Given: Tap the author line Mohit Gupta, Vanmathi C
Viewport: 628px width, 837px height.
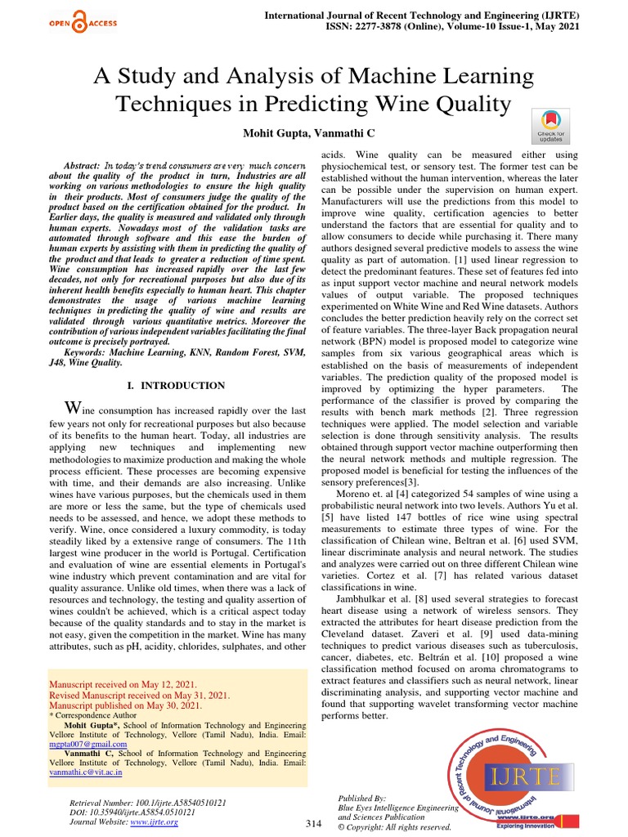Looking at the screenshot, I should pos(314,133).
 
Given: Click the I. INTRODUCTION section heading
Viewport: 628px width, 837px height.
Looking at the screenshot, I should pos(177,385).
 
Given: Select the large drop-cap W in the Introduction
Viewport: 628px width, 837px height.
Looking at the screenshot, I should pos(73,408).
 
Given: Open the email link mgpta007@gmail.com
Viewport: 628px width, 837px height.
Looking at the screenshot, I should pos(88,745).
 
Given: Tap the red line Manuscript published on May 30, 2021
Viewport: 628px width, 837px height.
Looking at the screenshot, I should pos(126,705).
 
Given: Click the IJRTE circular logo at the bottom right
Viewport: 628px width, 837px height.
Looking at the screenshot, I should pos(500,777).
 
